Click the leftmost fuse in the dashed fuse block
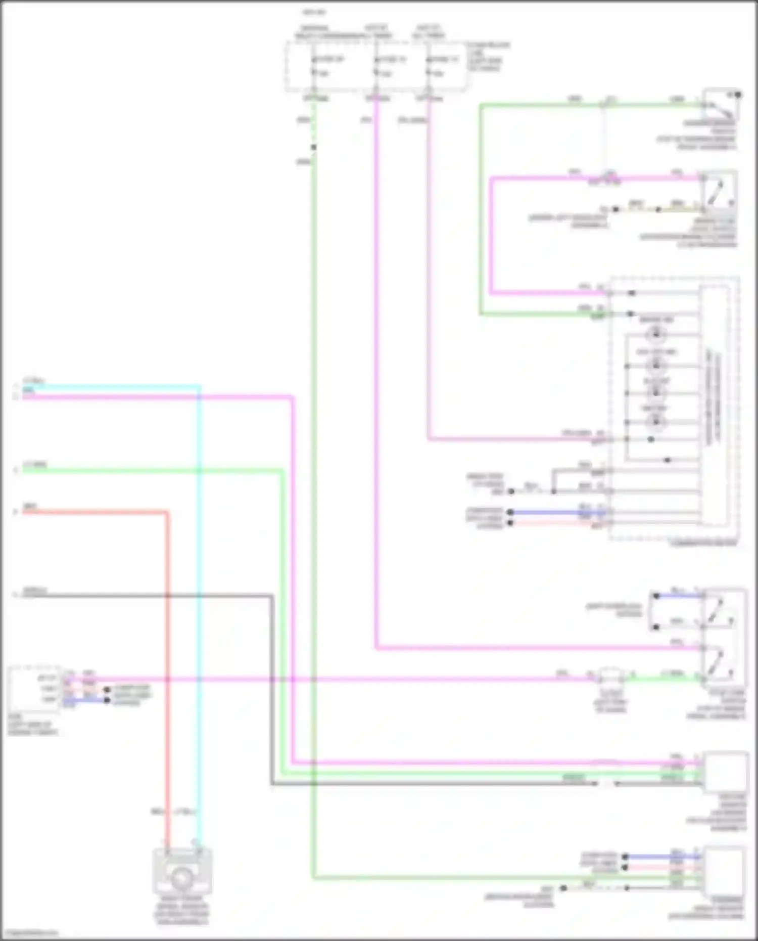[x=314, y=66]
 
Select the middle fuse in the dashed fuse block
[x=376, y=66]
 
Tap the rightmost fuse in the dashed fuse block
[x=428, y=66]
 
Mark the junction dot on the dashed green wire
[x=313, y=147]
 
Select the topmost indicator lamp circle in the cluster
[x=656, y=334]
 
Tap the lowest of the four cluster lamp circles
[x=656, y=421]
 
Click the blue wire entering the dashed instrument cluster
[x=556, y=512]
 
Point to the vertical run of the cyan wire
[x=199, y=607]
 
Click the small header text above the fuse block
[x=314, y=12]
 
